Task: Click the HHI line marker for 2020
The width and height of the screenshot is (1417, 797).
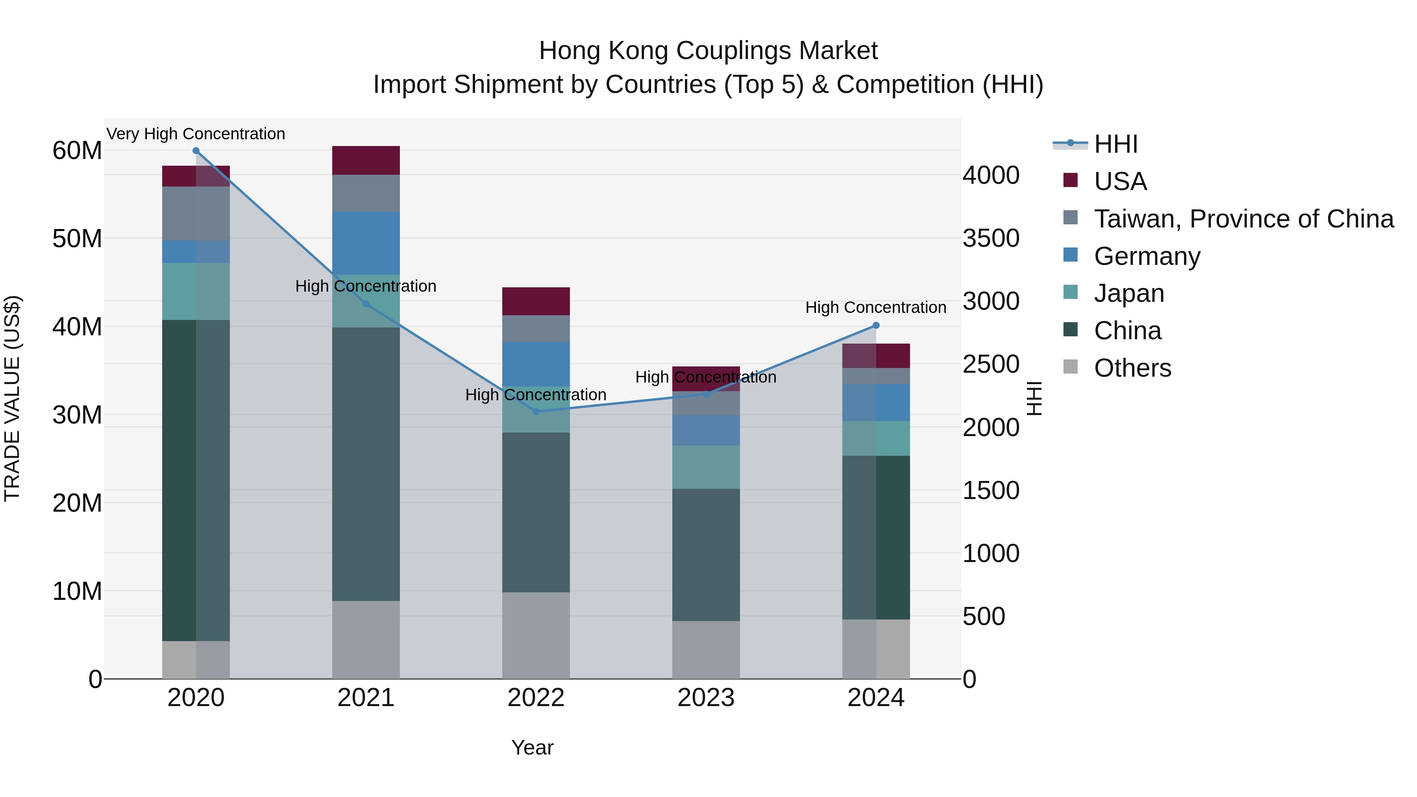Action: coord(196,151)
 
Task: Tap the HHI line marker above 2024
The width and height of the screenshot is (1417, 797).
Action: coord(876,325)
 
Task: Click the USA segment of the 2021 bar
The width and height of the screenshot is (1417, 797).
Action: coord(366,161)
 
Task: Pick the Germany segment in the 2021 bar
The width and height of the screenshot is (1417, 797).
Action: coord(366,243)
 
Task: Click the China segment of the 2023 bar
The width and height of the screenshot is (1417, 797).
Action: coord(706,555)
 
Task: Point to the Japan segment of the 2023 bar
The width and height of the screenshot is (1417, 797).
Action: coord(706,467)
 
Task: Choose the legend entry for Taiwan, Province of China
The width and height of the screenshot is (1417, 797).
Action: coord(1243,219)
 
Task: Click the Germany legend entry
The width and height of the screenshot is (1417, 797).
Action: coord(1147,256)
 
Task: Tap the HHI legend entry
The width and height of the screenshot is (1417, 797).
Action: coord(1115,144)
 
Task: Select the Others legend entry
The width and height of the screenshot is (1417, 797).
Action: coord(1132,368)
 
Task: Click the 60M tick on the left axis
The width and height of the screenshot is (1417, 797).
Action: coord(77,151)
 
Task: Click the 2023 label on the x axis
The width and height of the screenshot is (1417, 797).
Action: coord(706,698)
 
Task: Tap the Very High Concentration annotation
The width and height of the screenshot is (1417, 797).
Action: coord(196,134)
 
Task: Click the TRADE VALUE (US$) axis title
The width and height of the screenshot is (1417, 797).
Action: coord(12,398)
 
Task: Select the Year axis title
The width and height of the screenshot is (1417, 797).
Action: coord(532,747)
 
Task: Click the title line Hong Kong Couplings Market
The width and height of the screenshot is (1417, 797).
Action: coord(708,51)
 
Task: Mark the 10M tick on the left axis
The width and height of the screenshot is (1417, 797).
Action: coord(77,591)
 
